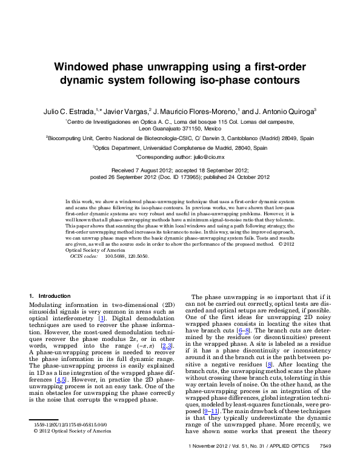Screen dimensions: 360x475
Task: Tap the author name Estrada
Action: point(93,112)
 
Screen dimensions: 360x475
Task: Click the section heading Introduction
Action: point(55,295)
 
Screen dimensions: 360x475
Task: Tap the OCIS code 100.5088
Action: point(117,256)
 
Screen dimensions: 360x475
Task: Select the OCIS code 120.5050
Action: point(140,256)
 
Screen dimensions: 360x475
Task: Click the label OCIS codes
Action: point(84,256)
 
